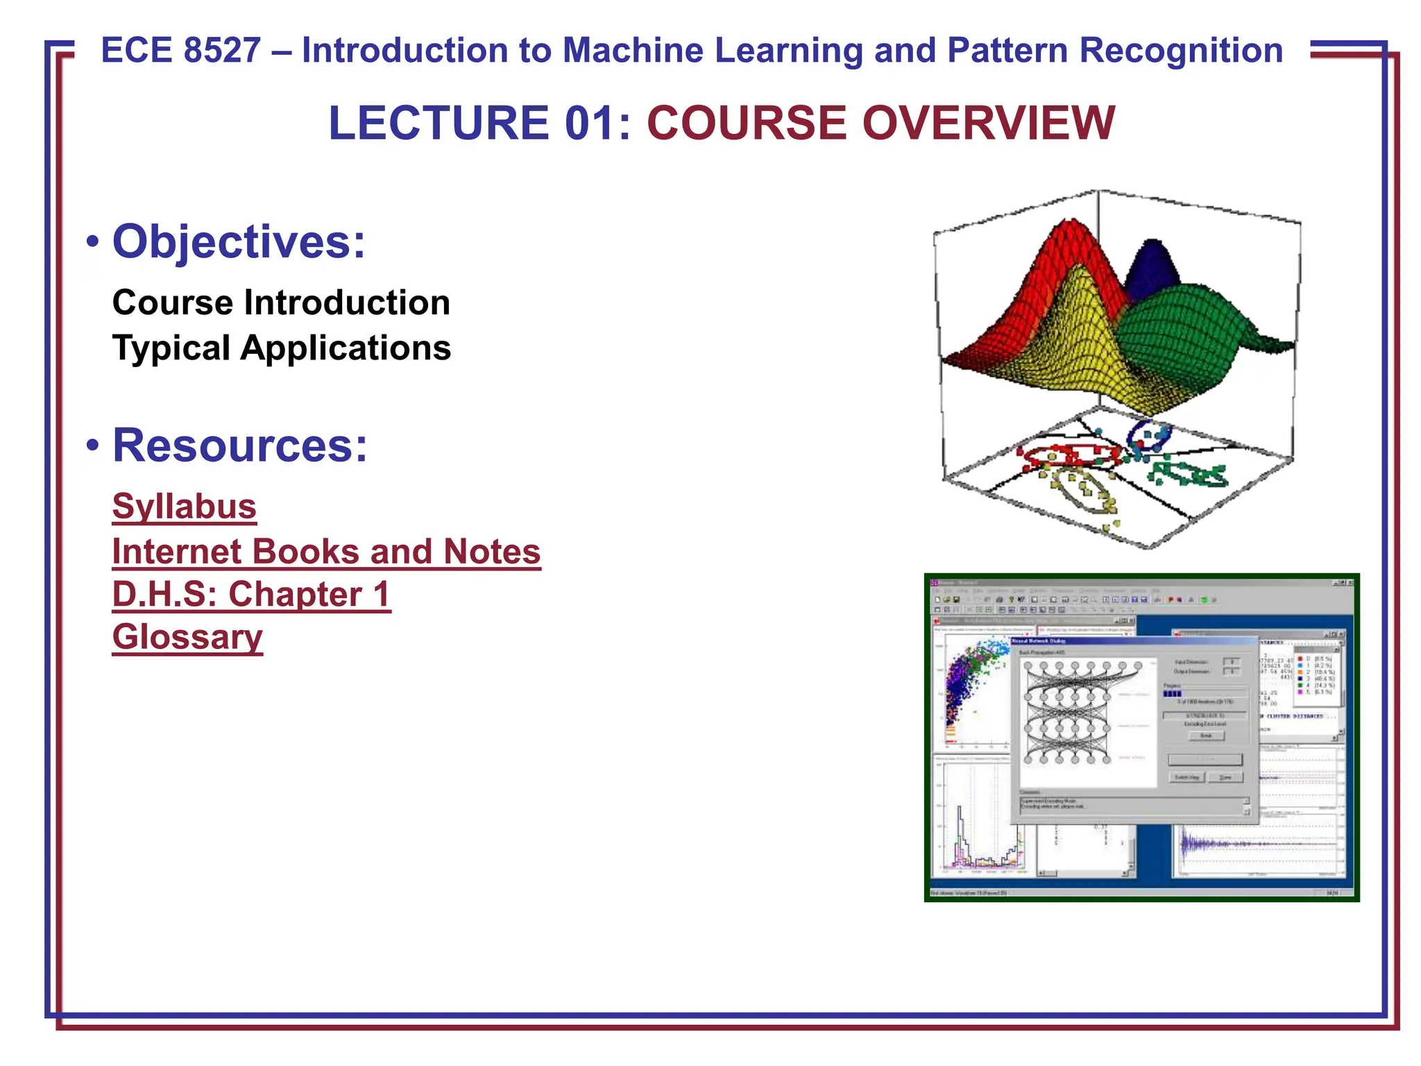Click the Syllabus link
point(184,507)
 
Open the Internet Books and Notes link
point(326,552)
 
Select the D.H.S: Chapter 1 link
point(251,595)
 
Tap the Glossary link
point(187,637)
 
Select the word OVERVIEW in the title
point(988,123)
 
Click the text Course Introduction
point(281,303)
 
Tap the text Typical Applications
point(281,348)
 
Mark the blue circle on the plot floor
point(1148,434)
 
